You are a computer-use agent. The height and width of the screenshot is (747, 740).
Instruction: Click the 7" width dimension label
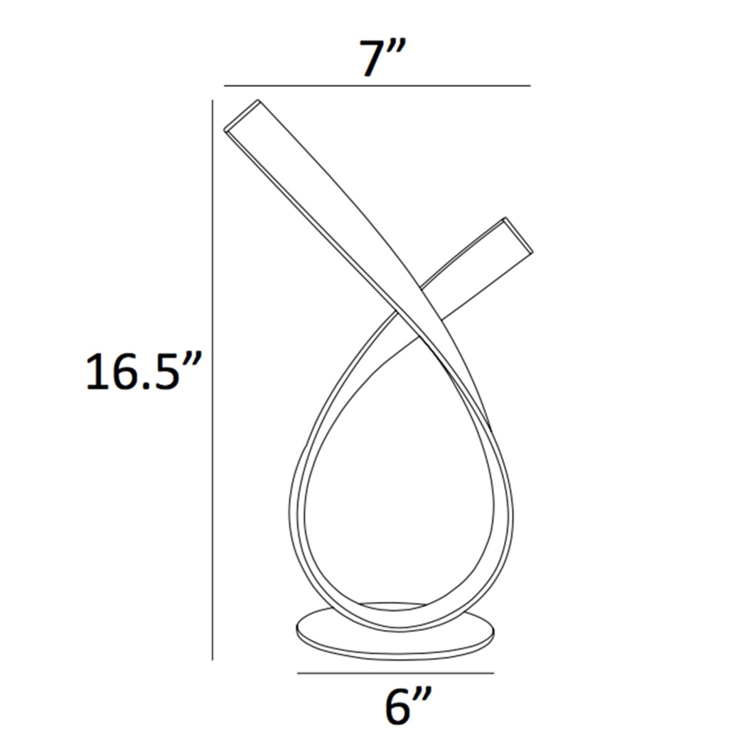click(382, 58)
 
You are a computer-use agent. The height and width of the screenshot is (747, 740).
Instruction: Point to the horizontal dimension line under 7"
click(377, 86)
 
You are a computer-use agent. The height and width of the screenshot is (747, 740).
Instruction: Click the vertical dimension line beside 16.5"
click(213, 380)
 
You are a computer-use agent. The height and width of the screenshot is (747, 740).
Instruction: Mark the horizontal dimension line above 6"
click(395, 673)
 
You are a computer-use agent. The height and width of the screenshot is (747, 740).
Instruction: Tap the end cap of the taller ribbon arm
click(241, 115)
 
